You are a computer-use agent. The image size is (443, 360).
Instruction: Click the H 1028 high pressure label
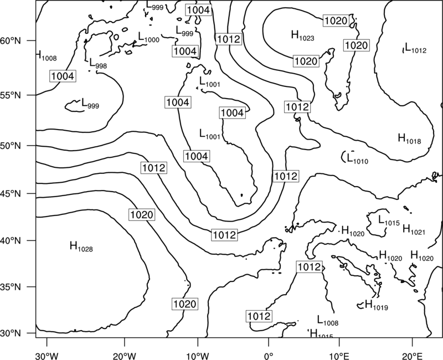[x=81, y=246]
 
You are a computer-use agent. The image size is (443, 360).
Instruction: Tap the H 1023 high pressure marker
[x=302, y=35]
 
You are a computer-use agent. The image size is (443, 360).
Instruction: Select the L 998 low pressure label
[x=98, y=63]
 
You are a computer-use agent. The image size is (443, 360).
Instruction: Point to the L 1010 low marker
[x=357, y=158]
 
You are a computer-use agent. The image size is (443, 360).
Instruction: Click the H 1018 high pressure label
[x=409, y=138]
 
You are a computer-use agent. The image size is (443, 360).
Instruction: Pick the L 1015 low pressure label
[x=389, y=220]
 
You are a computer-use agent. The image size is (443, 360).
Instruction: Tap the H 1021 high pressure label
[x=414, y=229]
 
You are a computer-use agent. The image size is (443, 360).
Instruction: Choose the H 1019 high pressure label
[x=377, y=305]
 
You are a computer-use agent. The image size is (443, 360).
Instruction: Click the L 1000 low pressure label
[x=148, y=37]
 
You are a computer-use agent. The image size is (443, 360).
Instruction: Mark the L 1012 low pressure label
[x=416, y=48]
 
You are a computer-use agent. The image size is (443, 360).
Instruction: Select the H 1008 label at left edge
[x=47, y=56]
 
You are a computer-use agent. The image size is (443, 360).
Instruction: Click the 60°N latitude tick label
[x=11, y=41]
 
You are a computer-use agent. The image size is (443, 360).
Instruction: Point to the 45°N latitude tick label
[x=11, y=194]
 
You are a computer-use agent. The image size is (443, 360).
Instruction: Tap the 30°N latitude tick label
[x=11, y=333]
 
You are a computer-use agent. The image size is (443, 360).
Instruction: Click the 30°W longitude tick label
[x=47, y=356]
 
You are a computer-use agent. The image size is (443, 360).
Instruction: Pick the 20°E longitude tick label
[x=412, y=356]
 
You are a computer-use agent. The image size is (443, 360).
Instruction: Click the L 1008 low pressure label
[x=328, y=320]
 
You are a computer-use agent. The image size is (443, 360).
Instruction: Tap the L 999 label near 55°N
[x=90, y=104]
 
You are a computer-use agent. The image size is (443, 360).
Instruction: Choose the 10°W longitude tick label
[x=198, y=356]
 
